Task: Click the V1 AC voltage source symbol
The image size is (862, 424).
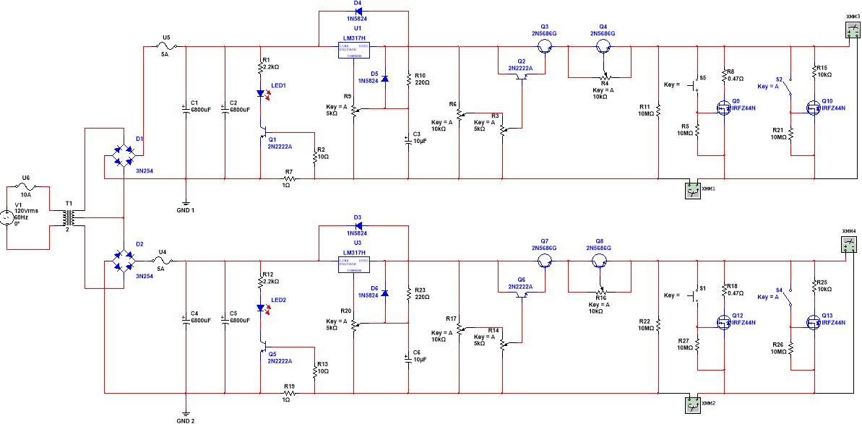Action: [7, 216]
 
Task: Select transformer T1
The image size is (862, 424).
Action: [68, 217]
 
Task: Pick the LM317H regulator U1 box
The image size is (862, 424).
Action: [354, 49]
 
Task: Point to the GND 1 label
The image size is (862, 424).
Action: [185, 210]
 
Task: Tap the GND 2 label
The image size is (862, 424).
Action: [185, 420]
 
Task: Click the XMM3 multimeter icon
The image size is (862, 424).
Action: [853, 30]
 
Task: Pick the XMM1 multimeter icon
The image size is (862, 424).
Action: [693, 189]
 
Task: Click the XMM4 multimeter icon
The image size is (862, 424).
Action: [850, 245]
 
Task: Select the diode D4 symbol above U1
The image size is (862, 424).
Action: [358, 12]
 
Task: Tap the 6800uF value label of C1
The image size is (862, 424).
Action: [201, 110]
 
